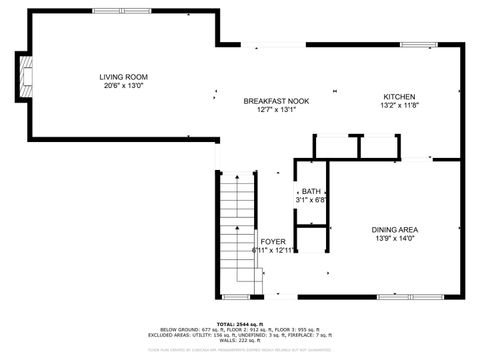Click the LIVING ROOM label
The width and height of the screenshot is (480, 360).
(x=123, y=77)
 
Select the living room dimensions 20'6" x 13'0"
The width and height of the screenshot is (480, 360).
(x=123, y=86)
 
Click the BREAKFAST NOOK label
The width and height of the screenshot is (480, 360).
(x=277, y=101)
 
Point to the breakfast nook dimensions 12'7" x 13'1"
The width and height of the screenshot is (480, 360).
(x=277, y=110)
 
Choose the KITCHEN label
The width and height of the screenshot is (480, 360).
(x=399, y=96)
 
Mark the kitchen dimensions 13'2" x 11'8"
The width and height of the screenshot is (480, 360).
(x=399, y=105)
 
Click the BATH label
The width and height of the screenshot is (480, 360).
(x=312, y=191)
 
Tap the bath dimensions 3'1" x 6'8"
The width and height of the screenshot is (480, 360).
(x=312, y=200)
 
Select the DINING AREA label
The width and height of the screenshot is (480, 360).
(x=394, y=229)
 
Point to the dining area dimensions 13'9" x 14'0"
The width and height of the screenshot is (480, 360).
(x=394, y=238)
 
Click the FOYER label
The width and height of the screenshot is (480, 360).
(x=273, y=241)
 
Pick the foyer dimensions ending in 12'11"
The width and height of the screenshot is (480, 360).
(x=273, y=250)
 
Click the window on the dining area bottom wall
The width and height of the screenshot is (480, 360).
(x=396, y=297)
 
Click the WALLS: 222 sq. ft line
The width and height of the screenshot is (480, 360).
(x=240, y=339)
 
